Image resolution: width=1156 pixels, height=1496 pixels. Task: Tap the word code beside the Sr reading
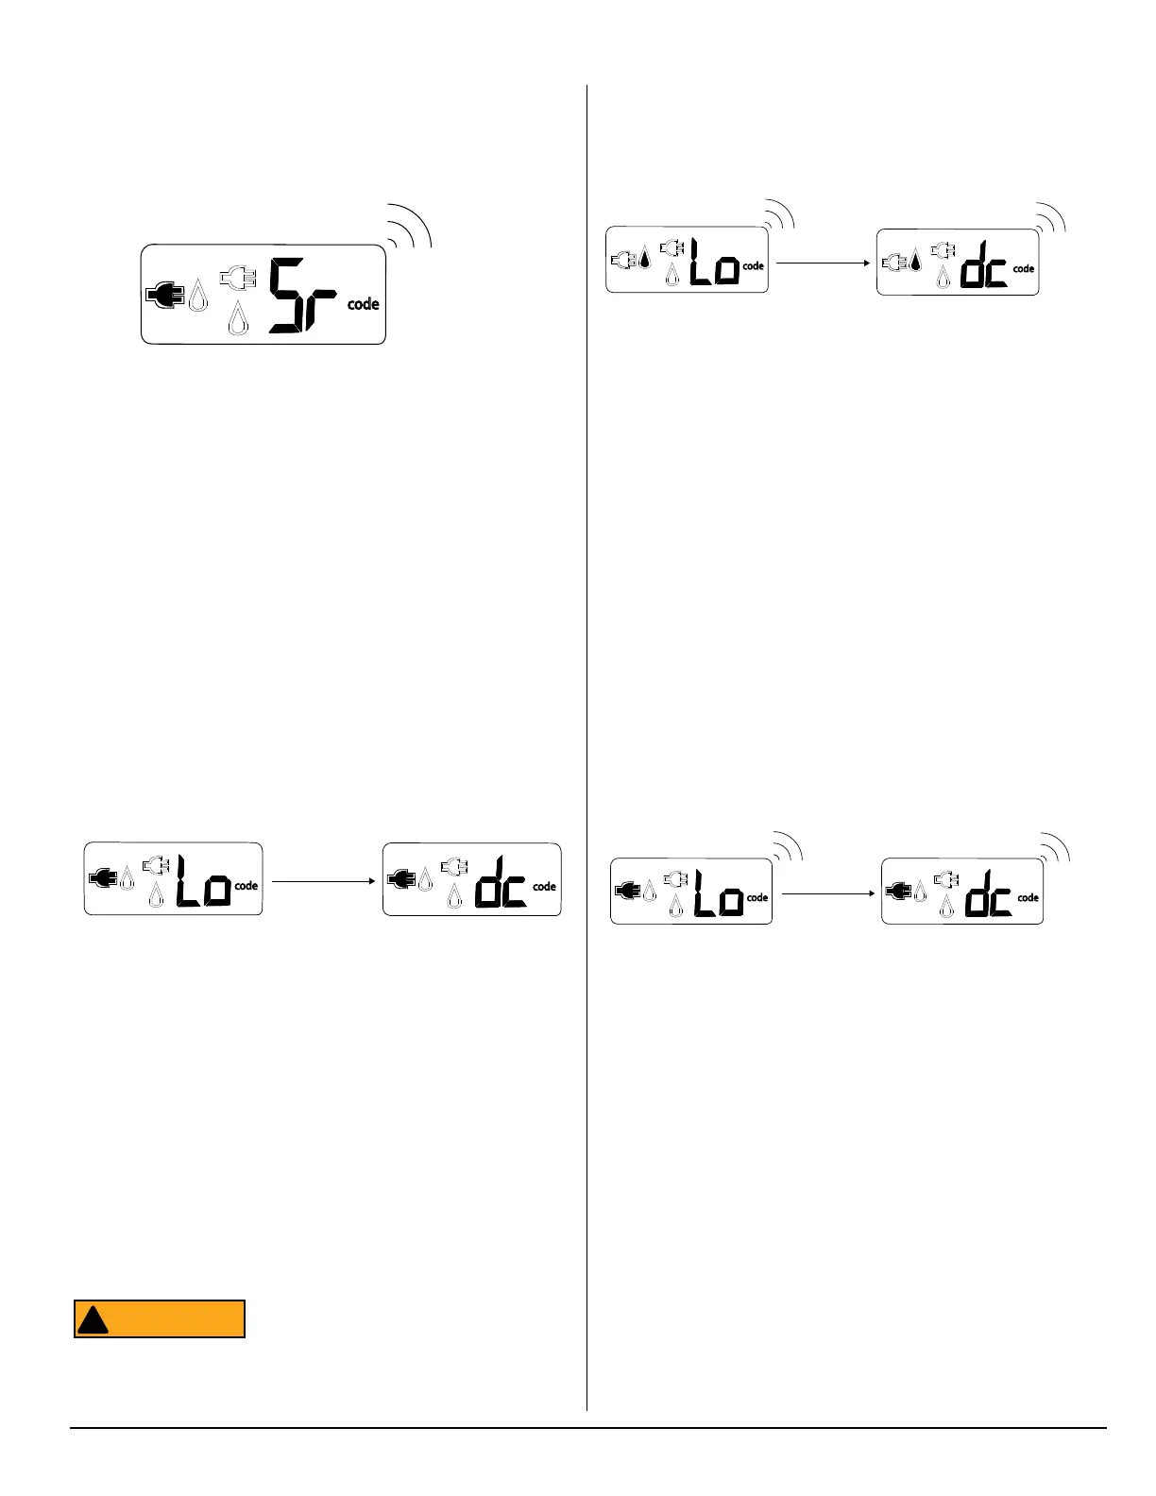click(364, 304)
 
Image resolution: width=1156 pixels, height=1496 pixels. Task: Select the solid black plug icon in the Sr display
click(165, 296)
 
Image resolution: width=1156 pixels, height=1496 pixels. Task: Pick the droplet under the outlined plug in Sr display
click(238, 318)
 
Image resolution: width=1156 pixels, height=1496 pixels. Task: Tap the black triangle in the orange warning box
click(93, 1319)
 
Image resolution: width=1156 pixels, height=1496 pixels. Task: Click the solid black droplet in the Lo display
click(645, 256)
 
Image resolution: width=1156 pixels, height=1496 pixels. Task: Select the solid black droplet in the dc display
click(915, 259)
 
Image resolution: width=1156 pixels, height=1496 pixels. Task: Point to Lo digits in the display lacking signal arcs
click(204, 882)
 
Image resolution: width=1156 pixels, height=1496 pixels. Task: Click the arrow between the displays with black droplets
click(823, 263)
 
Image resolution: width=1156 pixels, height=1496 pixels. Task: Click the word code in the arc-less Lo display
click(246, 886)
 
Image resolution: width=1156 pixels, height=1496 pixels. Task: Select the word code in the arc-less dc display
click(545, 887)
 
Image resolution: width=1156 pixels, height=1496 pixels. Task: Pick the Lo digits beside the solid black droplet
click(714, 263)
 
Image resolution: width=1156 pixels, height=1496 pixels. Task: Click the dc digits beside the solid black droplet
click(984, 265)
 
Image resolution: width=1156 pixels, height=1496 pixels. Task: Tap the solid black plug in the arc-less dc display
click(401, 880)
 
